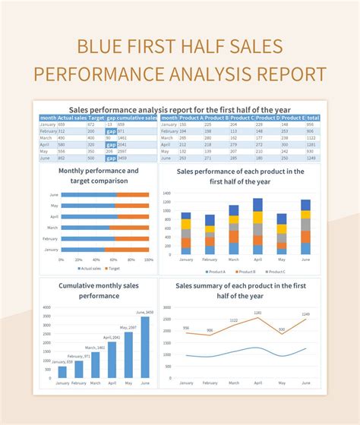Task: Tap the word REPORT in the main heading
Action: [289, 74]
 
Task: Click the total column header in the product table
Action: [311, 118]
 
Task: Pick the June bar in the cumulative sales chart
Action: [145, 347]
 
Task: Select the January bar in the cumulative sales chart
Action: [62, 372]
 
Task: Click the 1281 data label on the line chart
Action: [257, 313]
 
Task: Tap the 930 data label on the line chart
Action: [281, 329]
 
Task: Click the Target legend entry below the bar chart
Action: [115, 269]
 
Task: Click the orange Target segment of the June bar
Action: [133, 194]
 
